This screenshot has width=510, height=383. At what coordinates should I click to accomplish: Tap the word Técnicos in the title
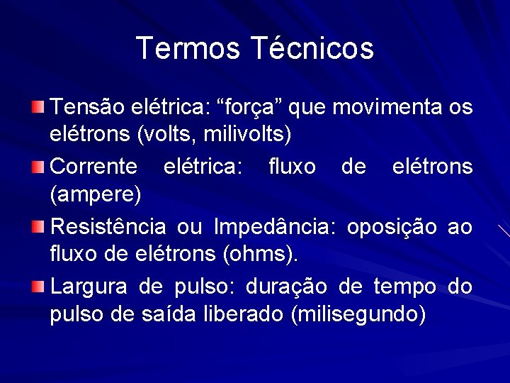[x=312, y=48]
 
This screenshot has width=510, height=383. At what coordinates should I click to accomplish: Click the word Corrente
[x=95, y=167]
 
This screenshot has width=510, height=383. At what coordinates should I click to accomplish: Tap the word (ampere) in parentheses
[x=96, y=193]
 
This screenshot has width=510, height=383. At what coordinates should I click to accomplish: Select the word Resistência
[x=109, y=227]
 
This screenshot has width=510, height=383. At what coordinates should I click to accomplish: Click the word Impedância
[x=274, y=227]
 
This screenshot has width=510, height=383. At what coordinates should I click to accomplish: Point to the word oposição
[x=392, y=227]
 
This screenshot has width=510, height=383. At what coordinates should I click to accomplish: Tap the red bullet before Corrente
[x=38, y=167]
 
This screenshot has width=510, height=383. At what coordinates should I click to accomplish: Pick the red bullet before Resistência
[x=38, y=227]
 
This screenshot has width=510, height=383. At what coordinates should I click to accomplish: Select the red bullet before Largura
[x=38, y=287]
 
